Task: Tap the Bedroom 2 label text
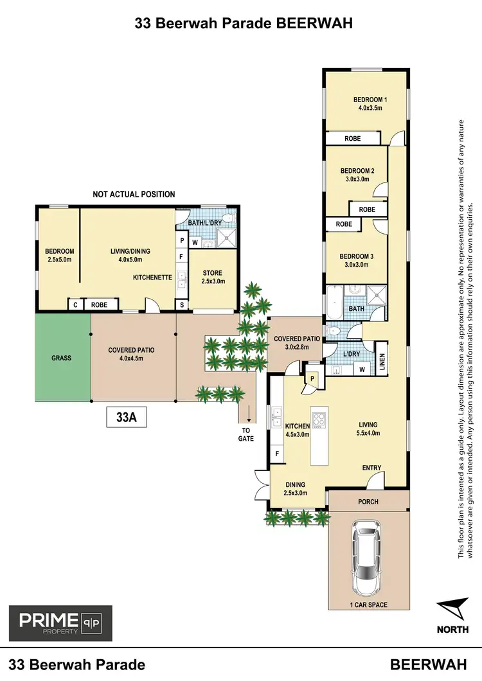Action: tap(357, 175)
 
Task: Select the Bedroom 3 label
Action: tap(357, 260)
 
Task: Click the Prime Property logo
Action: tap(60, 623)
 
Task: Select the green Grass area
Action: tap(62, 358)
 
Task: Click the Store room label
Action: tap(213, 277)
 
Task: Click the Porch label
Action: tap(368, 502)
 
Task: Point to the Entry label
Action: tap(371, 468)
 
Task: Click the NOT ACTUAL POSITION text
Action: tap(134, 194)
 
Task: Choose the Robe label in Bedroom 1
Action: tap(352, 138)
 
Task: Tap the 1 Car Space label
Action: tap(368, 605)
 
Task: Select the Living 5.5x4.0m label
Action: tap(368, 429)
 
